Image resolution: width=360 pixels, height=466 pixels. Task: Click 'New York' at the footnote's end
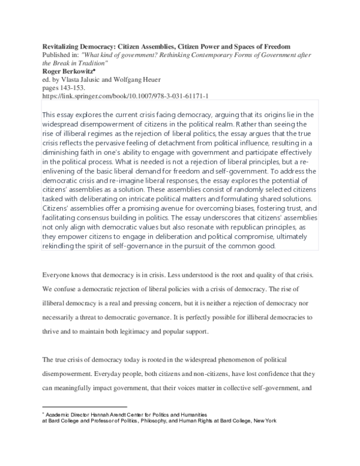(263, 422)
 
